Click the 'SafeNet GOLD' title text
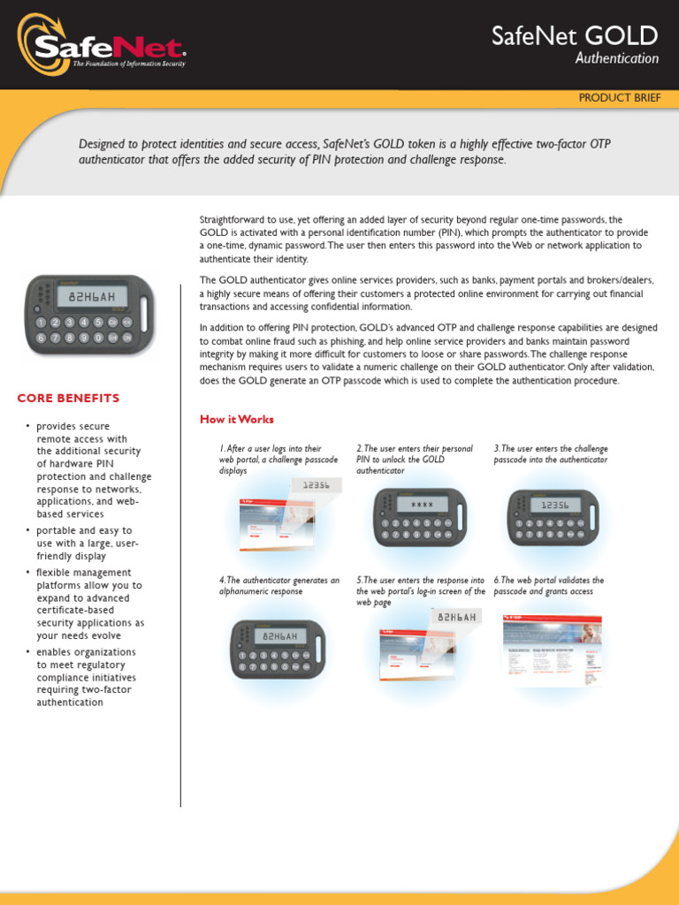[575, 36]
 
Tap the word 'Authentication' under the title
[616, 59]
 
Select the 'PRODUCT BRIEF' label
[619, 98]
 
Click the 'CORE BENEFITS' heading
[68, 399]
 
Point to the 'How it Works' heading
[237, 419]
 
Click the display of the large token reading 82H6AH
[92, 297]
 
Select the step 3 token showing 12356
[553, 517]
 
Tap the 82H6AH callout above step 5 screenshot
[456, 617]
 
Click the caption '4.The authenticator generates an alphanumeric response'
[279, 586]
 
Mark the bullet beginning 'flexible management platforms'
[88, 604]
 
